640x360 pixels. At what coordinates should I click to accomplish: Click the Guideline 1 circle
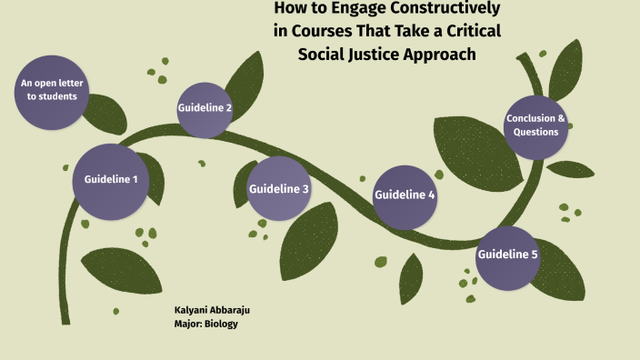click(111, 180)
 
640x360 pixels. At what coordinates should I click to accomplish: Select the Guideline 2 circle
click(205, 109)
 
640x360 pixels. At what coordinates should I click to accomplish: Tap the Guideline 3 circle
click(279, 189)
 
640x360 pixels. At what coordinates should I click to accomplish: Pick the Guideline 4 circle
click(405, 195)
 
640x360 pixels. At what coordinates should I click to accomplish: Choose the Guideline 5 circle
click(508, 255)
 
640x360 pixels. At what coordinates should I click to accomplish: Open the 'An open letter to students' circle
click(52, 90)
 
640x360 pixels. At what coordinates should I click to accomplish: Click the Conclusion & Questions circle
click(536, 125)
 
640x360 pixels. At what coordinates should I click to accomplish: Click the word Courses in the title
click(323, 33)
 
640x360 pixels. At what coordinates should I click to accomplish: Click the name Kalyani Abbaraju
click(212, 310)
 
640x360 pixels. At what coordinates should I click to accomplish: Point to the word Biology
click(223, 324)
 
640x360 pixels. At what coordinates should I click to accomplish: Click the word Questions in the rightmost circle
click(536, 133)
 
